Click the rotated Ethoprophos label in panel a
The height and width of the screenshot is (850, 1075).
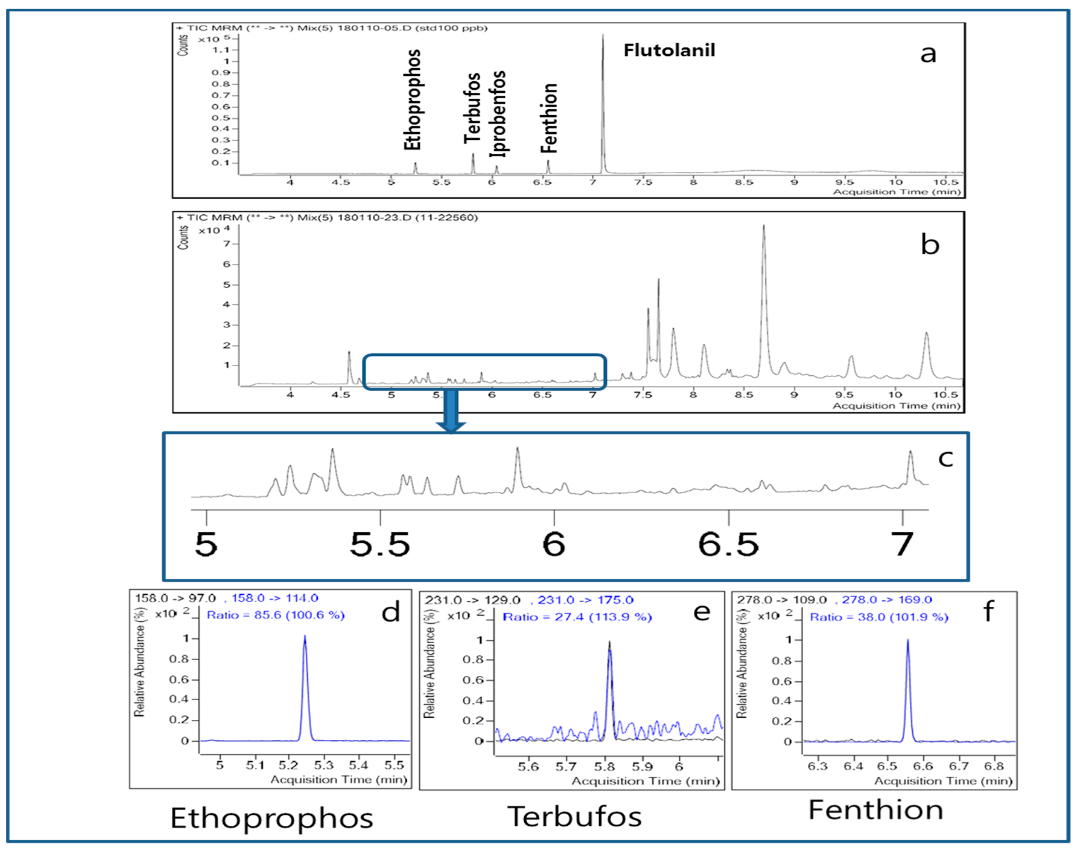[412, 100]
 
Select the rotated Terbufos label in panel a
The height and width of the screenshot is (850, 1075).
[472, 108]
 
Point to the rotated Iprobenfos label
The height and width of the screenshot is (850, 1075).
[497, 113]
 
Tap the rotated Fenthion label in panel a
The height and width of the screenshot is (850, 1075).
[549, 118]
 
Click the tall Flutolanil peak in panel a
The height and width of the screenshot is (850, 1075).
[603, 100]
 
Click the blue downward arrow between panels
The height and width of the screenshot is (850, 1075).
[451, 411]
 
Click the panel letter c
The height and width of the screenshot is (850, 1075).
[945, 458]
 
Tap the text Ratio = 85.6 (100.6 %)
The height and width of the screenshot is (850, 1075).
[275, 615]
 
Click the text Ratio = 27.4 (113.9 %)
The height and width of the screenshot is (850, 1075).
[577, 617]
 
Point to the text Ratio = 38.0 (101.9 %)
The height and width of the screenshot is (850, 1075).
[879, 617]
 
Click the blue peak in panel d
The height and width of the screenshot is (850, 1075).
[305, 687]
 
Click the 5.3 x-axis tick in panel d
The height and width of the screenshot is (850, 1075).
[324, 765]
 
